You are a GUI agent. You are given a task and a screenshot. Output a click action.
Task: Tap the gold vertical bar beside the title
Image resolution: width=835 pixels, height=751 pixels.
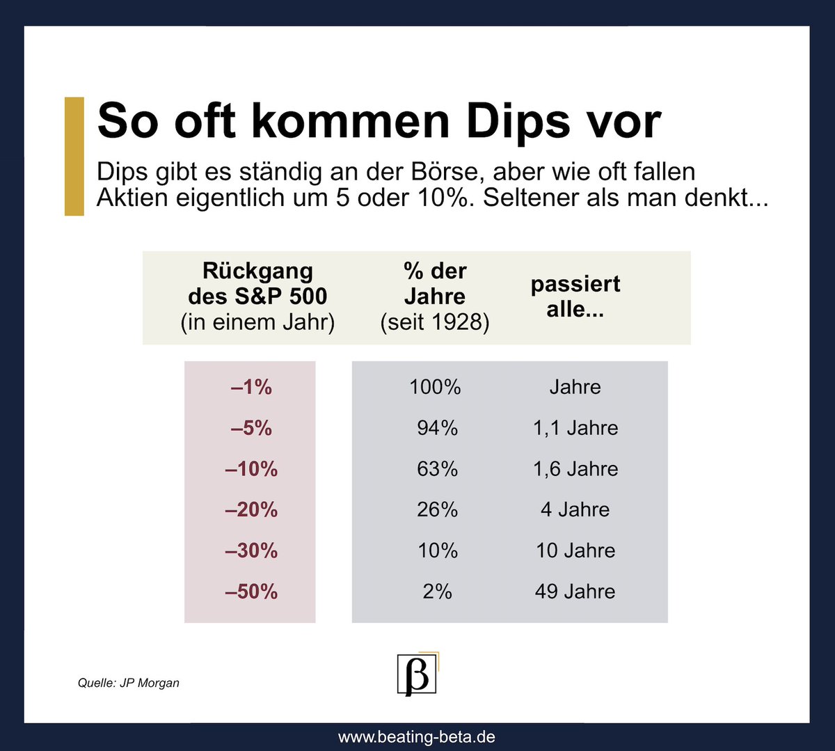click(x=74, y=156)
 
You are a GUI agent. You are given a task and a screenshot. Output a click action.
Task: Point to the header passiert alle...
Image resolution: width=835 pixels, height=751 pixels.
click(x=575, y=297)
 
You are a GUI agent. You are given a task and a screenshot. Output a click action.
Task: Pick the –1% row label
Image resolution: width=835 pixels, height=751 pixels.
click(x=251, y=387)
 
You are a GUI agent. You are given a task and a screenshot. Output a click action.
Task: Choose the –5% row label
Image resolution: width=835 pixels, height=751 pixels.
click(x=251, y=428)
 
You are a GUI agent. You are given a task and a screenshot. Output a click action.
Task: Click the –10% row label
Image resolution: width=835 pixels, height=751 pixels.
click(x=251, y=469)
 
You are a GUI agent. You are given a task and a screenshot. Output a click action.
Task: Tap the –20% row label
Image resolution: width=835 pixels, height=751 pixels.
click(x=251, y=510)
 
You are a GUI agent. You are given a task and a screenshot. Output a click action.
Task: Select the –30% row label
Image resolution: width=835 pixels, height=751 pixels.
click(x=251, y=551)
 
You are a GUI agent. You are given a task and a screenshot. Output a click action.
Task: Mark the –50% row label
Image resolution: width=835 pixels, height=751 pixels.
click(x=251, y=592)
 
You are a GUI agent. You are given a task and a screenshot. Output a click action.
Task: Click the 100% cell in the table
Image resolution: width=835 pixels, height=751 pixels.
click(x=435, y=387)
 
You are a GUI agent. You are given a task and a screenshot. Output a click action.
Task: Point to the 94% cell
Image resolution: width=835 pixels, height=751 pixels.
click(x=437, y=428)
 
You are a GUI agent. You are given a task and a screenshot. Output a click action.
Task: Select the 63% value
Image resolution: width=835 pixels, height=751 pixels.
click(x=437, y=469)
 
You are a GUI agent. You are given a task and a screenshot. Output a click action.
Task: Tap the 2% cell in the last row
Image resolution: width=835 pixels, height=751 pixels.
click(x=437, y=592)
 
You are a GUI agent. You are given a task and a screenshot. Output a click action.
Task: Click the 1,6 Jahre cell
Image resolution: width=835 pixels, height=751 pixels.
click(x=575, y=469)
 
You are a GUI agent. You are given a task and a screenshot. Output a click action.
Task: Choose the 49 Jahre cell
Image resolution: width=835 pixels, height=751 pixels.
click(x=575, y=592)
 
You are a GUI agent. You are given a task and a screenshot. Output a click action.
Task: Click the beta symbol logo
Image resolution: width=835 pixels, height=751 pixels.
click(x=417, y=674)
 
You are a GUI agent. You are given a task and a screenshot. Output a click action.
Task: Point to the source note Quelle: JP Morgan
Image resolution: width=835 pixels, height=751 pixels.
click(x=129, y=683)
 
